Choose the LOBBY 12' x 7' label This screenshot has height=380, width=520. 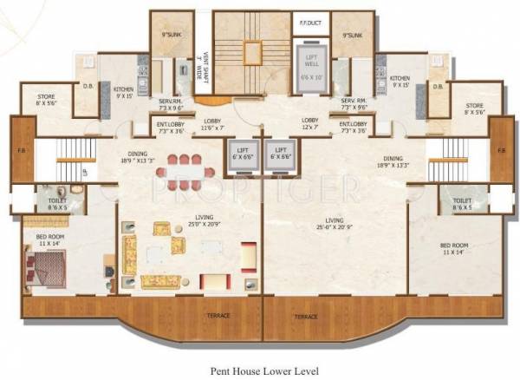(311, 124)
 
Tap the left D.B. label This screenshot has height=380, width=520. (88, 87)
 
